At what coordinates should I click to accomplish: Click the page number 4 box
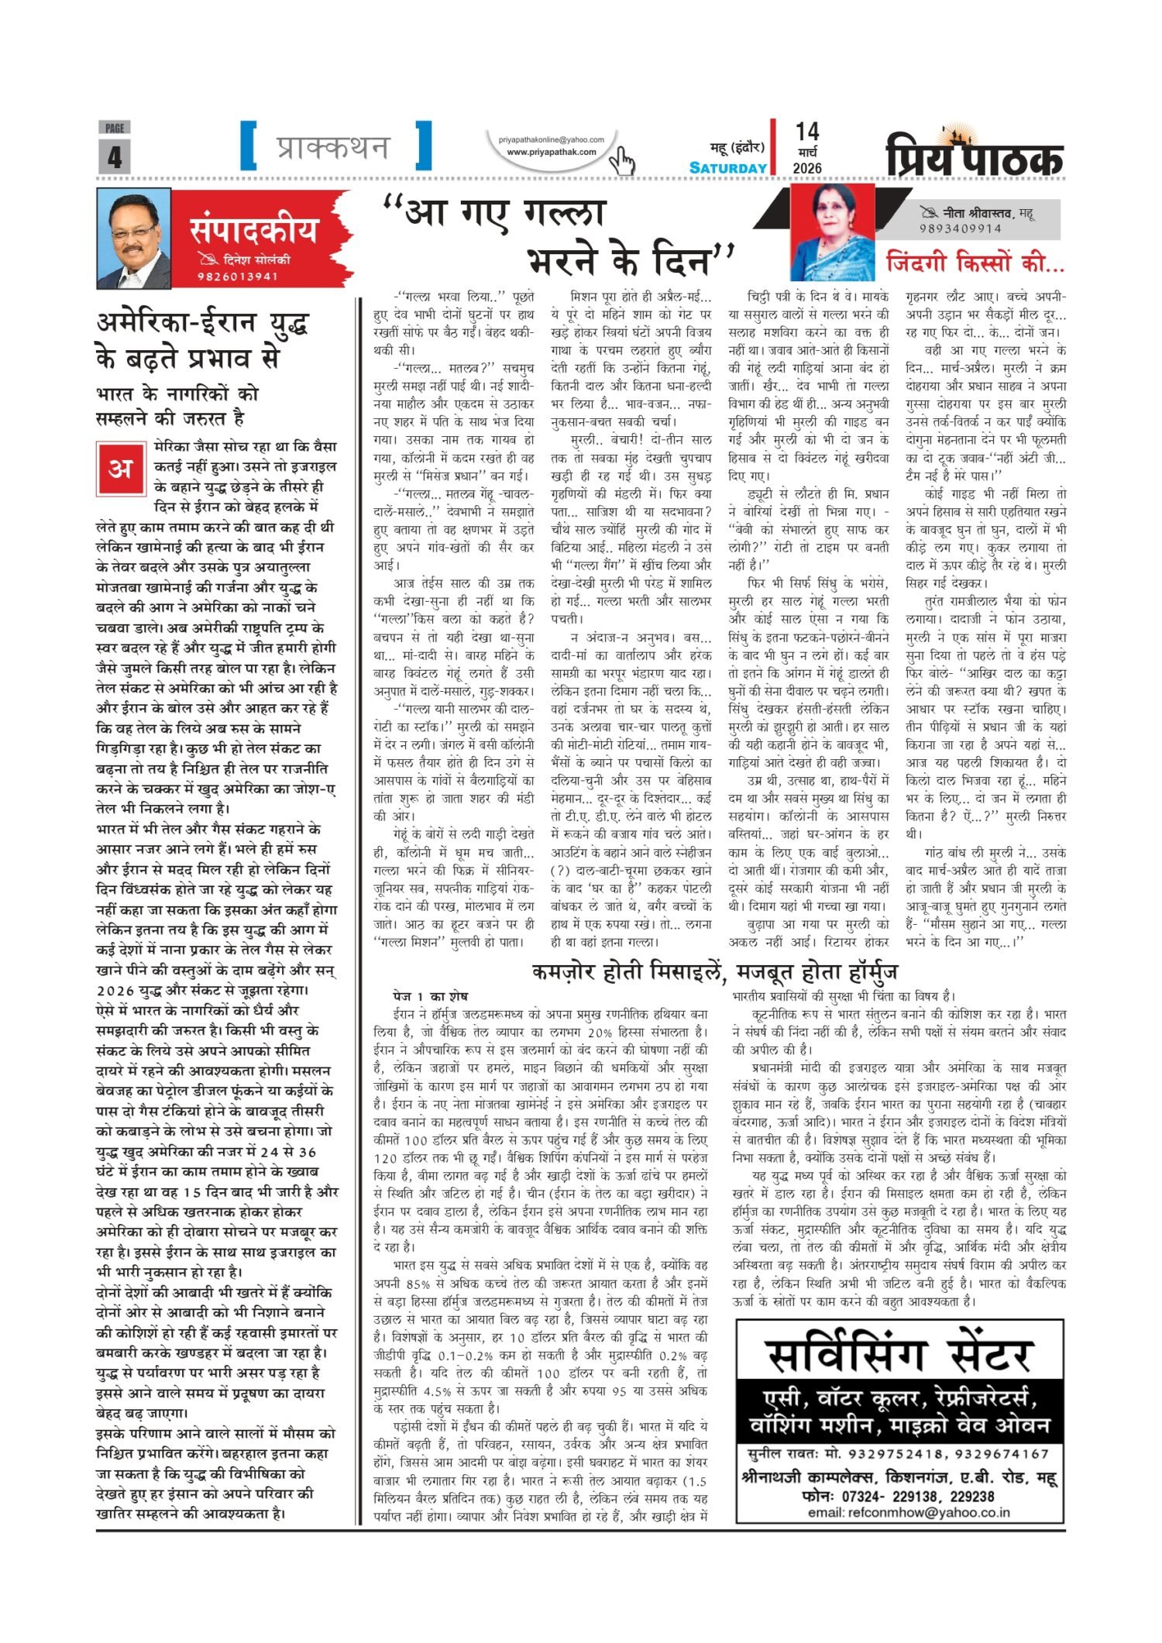pos(114,156)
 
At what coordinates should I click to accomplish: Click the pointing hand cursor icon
pos(622,161)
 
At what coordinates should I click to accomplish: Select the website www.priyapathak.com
pos(551,152)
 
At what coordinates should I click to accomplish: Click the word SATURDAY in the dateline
pos(728,168)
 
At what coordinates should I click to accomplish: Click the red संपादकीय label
pos(253,230)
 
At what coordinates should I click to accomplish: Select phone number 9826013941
pos(237,277)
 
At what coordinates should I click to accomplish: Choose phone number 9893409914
pos(961,229)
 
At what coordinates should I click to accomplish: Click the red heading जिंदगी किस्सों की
pos(975,263)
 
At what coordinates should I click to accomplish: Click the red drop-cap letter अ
pos(119,469)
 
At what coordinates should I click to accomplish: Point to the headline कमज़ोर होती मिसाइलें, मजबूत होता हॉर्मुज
pos(714,971)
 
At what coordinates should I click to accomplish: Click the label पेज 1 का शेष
pos(430,996)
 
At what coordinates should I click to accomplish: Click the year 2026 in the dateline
pos(807,168)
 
